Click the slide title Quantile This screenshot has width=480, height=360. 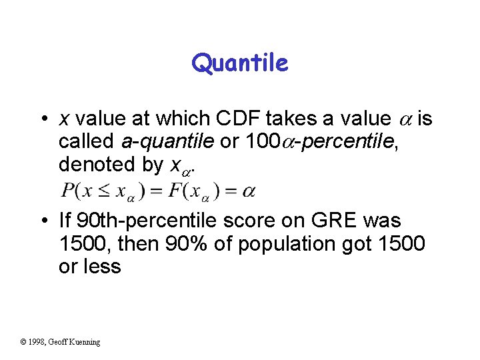coord(240,63)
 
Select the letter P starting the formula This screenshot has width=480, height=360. coord(67,191)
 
